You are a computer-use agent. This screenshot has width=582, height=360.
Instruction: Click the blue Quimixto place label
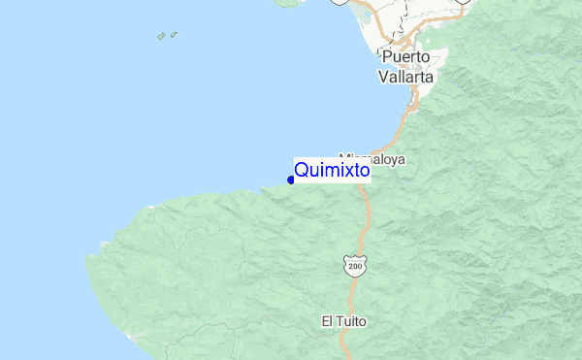[332, 171]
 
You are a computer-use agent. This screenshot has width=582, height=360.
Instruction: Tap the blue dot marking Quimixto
[291, 180]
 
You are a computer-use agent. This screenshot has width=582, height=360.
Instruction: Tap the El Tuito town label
[344, 320]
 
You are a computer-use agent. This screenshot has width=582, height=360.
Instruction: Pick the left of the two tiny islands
[161, 38]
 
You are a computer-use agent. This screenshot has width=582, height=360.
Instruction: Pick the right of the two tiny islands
[174, 35]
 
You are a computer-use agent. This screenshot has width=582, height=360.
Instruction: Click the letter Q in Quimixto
[301, 171]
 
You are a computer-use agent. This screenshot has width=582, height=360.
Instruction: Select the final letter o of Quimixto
[365, 171]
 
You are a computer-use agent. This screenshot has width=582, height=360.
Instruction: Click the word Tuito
[351, 320]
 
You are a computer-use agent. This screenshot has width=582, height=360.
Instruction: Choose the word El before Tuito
[327, 320]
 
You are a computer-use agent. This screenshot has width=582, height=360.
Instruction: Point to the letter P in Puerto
[387, 56]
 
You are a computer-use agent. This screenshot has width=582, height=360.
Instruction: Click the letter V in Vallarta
[384, 75]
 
